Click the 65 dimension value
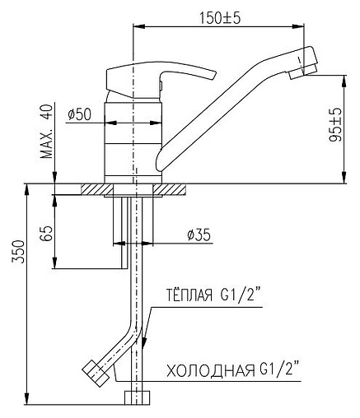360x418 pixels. [47, 233]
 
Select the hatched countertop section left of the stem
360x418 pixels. [96, 189]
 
